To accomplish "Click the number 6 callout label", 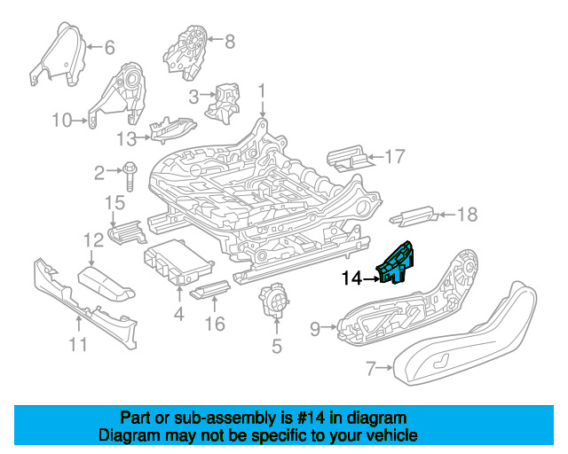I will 109,47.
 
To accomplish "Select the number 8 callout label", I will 229,41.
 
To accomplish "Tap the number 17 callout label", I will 394,157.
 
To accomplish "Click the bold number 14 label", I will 352,279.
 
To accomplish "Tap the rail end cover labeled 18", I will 414,215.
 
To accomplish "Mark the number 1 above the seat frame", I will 262,90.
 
